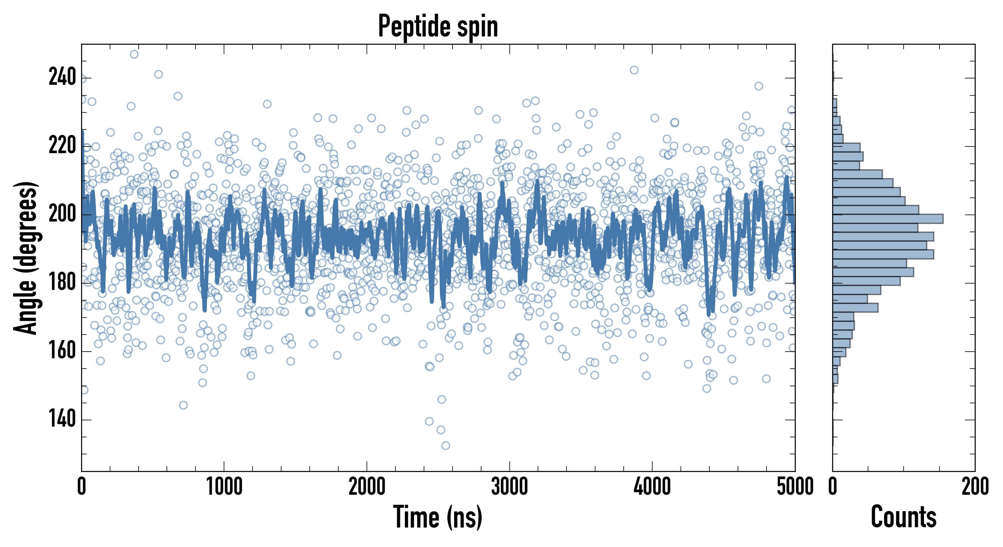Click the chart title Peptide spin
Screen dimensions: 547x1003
point(438,26)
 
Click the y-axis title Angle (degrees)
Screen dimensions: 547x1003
point(26,258)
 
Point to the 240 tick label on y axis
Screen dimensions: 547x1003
point(62,77)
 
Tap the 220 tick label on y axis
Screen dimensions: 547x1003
point(62,146)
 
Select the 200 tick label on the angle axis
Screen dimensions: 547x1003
point(62,214)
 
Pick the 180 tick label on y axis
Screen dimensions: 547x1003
point(62,283)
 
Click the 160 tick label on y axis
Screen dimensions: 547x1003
point(62,351)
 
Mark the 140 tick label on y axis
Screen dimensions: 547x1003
point(62,420)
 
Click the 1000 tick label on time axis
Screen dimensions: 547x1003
point(224,487)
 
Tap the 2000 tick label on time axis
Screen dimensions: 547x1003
point(367,487)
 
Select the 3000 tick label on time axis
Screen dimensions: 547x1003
point(509,487)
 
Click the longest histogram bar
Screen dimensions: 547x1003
point(888,219)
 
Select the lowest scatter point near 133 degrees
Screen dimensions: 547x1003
point(446,446)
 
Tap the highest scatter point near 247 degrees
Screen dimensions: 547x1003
point(134,54)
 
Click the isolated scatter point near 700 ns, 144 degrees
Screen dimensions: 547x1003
point(183,405)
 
